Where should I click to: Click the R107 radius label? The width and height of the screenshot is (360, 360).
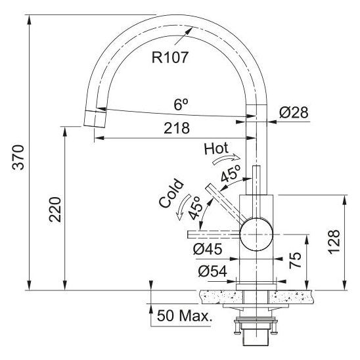170,57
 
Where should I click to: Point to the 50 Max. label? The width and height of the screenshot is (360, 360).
184,316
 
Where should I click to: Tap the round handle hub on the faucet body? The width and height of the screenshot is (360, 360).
257,234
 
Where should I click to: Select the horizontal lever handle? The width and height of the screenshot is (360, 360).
214,234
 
